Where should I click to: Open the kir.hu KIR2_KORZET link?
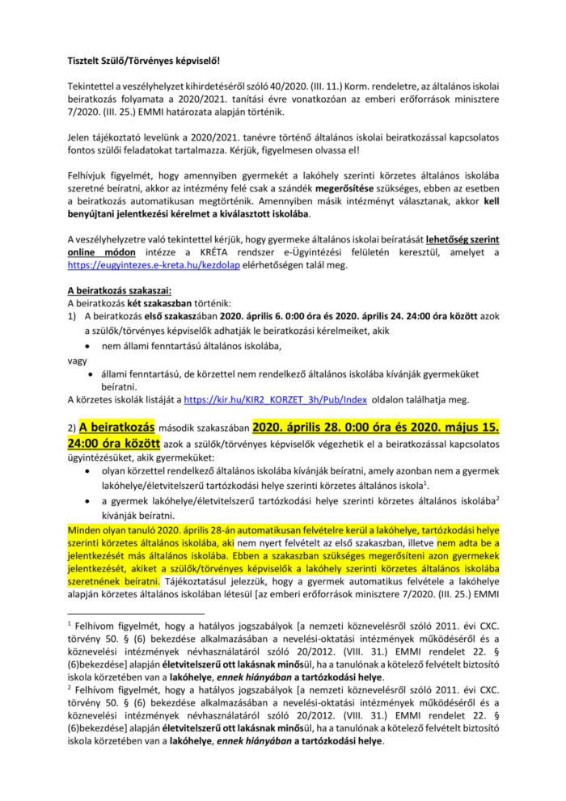coord(276,399)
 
